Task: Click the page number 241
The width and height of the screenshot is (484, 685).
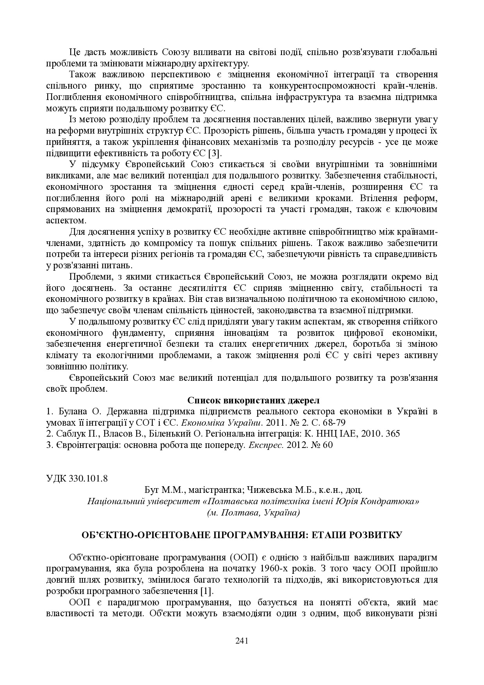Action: click(x=242, y=640)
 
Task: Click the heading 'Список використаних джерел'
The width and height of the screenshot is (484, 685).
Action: click(x=253, y=400)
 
